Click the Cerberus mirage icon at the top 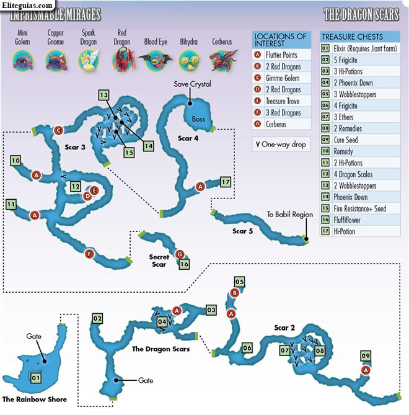pyautogui.click(x=222, y=61)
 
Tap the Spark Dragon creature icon pyautogui.click(x=89, y=61)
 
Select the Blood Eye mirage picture pyautogui.click(x=156, y=61)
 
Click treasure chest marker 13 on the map pyautogui.click(x=103, y=95)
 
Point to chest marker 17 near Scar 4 pyautogui.click(x=226, y=182)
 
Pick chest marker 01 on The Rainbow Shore pyautogui.click(x=36, y=378)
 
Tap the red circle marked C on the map pyautogui.click(x=58, y=130)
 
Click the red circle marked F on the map pyautogui.click(x=89, y=254)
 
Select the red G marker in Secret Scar pyautogui.click(x=180, y=254)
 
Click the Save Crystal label pyautogui.click(x=193, y=84)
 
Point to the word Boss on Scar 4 pyautogui.click(x=198, y=119)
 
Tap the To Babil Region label pyautogui.click(x=290, y=214)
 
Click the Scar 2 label pyautogui.click(x=284, y=328)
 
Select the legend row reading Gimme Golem pyautogui.click(x=282, y=78)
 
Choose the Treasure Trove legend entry pyautogui.click(x=282, y=101)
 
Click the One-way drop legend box pyautogui.click(x=281, y=145)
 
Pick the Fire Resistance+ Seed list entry pyautogui.click(x=360, y=208)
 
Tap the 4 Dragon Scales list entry pyautogui.click(x=360, y=174)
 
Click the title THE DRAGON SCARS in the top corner pyautogui.click(x=361, y=14)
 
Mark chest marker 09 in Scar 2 pyautogui.click(x=366, y=355)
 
